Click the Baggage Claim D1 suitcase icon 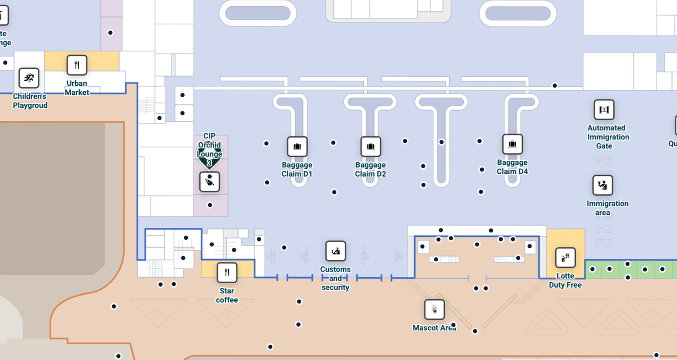click(x=297, y=147)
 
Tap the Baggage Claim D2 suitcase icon click(x=371, y=147)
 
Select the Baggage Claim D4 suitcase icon click(x=512, y=144)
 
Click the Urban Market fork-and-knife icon click(x=77, y=65)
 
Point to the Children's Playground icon click(x=29, y=78)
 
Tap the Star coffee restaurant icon click(x=227, y=273)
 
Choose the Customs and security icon click(x=336, y=251)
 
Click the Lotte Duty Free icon click(x=565, y=258)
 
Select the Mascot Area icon click(x=434, y=309)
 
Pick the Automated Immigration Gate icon click(x=604, y=110)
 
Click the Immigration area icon click(x=603, y=185)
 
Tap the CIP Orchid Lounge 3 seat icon click(x=209, y=182)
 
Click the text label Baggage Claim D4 click(x=512, y=167)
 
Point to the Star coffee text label click(x=227, y=295)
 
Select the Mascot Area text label click(x=434, y=328)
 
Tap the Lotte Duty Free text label click(x=565, y=280)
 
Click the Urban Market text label click(x=77, y=88)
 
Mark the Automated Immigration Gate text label click(x=608, y=137)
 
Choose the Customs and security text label click(x=336, y=279)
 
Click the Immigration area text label click(x=607, y=208)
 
